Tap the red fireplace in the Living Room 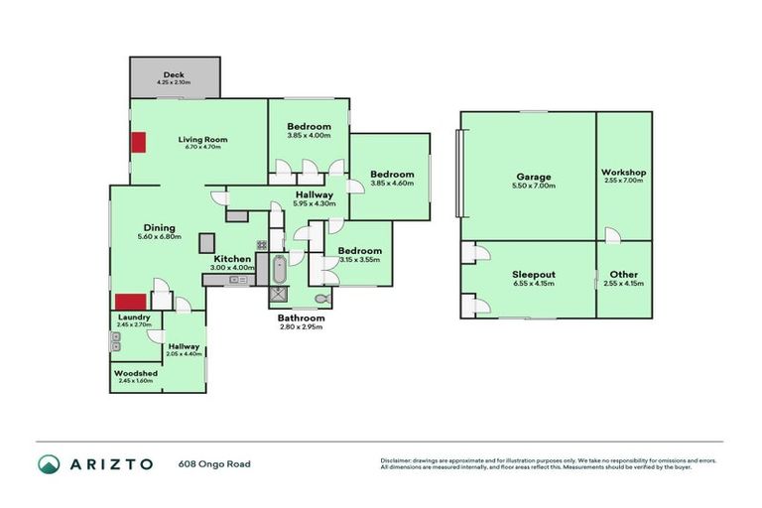click(x=137, y=142)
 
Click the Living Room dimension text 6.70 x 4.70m click(x=203, y=148)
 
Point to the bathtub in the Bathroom click(x=279, y=268)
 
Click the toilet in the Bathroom click(x=320, y=298)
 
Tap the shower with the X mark click(x=279, y=295)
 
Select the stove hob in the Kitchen click(x=262, y=245)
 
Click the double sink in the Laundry click(x=116, y=342)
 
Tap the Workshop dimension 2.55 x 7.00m click(x=623, y=182)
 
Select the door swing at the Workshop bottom click(x=614, y=234)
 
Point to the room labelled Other click(x=623, y=274)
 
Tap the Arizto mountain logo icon click(x=49, y=463)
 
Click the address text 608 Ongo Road click(x=215, y=463)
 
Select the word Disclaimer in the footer click(x=397, y=460)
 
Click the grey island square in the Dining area click(x=207, y=242)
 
